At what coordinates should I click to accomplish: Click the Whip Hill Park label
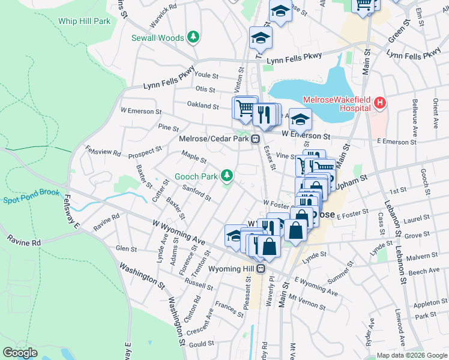tap(85, 21)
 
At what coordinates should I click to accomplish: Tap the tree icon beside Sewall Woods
tap(193, 38)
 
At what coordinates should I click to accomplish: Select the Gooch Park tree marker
tap(226, 176)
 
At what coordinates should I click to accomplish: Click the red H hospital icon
tap(379, 104)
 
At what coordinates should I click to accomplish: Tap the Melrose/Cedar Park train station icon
tap(256, 139)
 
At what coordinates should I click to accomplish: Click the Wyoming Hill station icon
tap(261, 269)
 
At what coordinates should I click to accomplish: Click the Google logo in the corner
tap(20, 352)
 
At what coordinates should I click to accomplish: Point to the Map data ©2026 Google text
tap(411, 355)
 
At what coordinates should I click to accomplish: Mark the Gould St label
tap(202, 344)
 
